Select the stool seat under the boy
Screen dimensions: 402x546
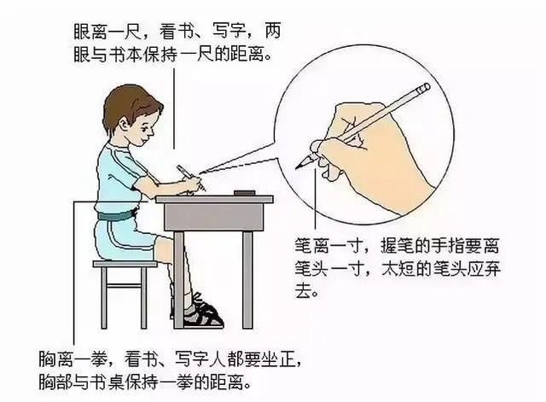125,265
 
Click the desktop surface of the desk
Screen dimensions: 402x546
213,199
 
